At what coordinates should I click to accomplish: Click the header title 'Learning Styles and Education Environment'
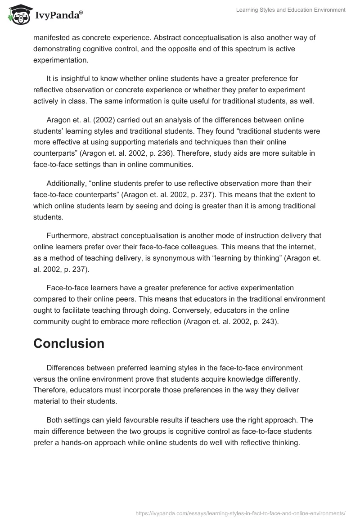291,10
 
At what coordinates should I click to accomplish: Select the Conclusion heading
69,343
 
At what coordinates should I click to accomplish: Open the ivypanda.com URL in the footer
240,512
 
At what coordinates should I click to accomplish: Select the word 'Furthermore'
67,235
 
